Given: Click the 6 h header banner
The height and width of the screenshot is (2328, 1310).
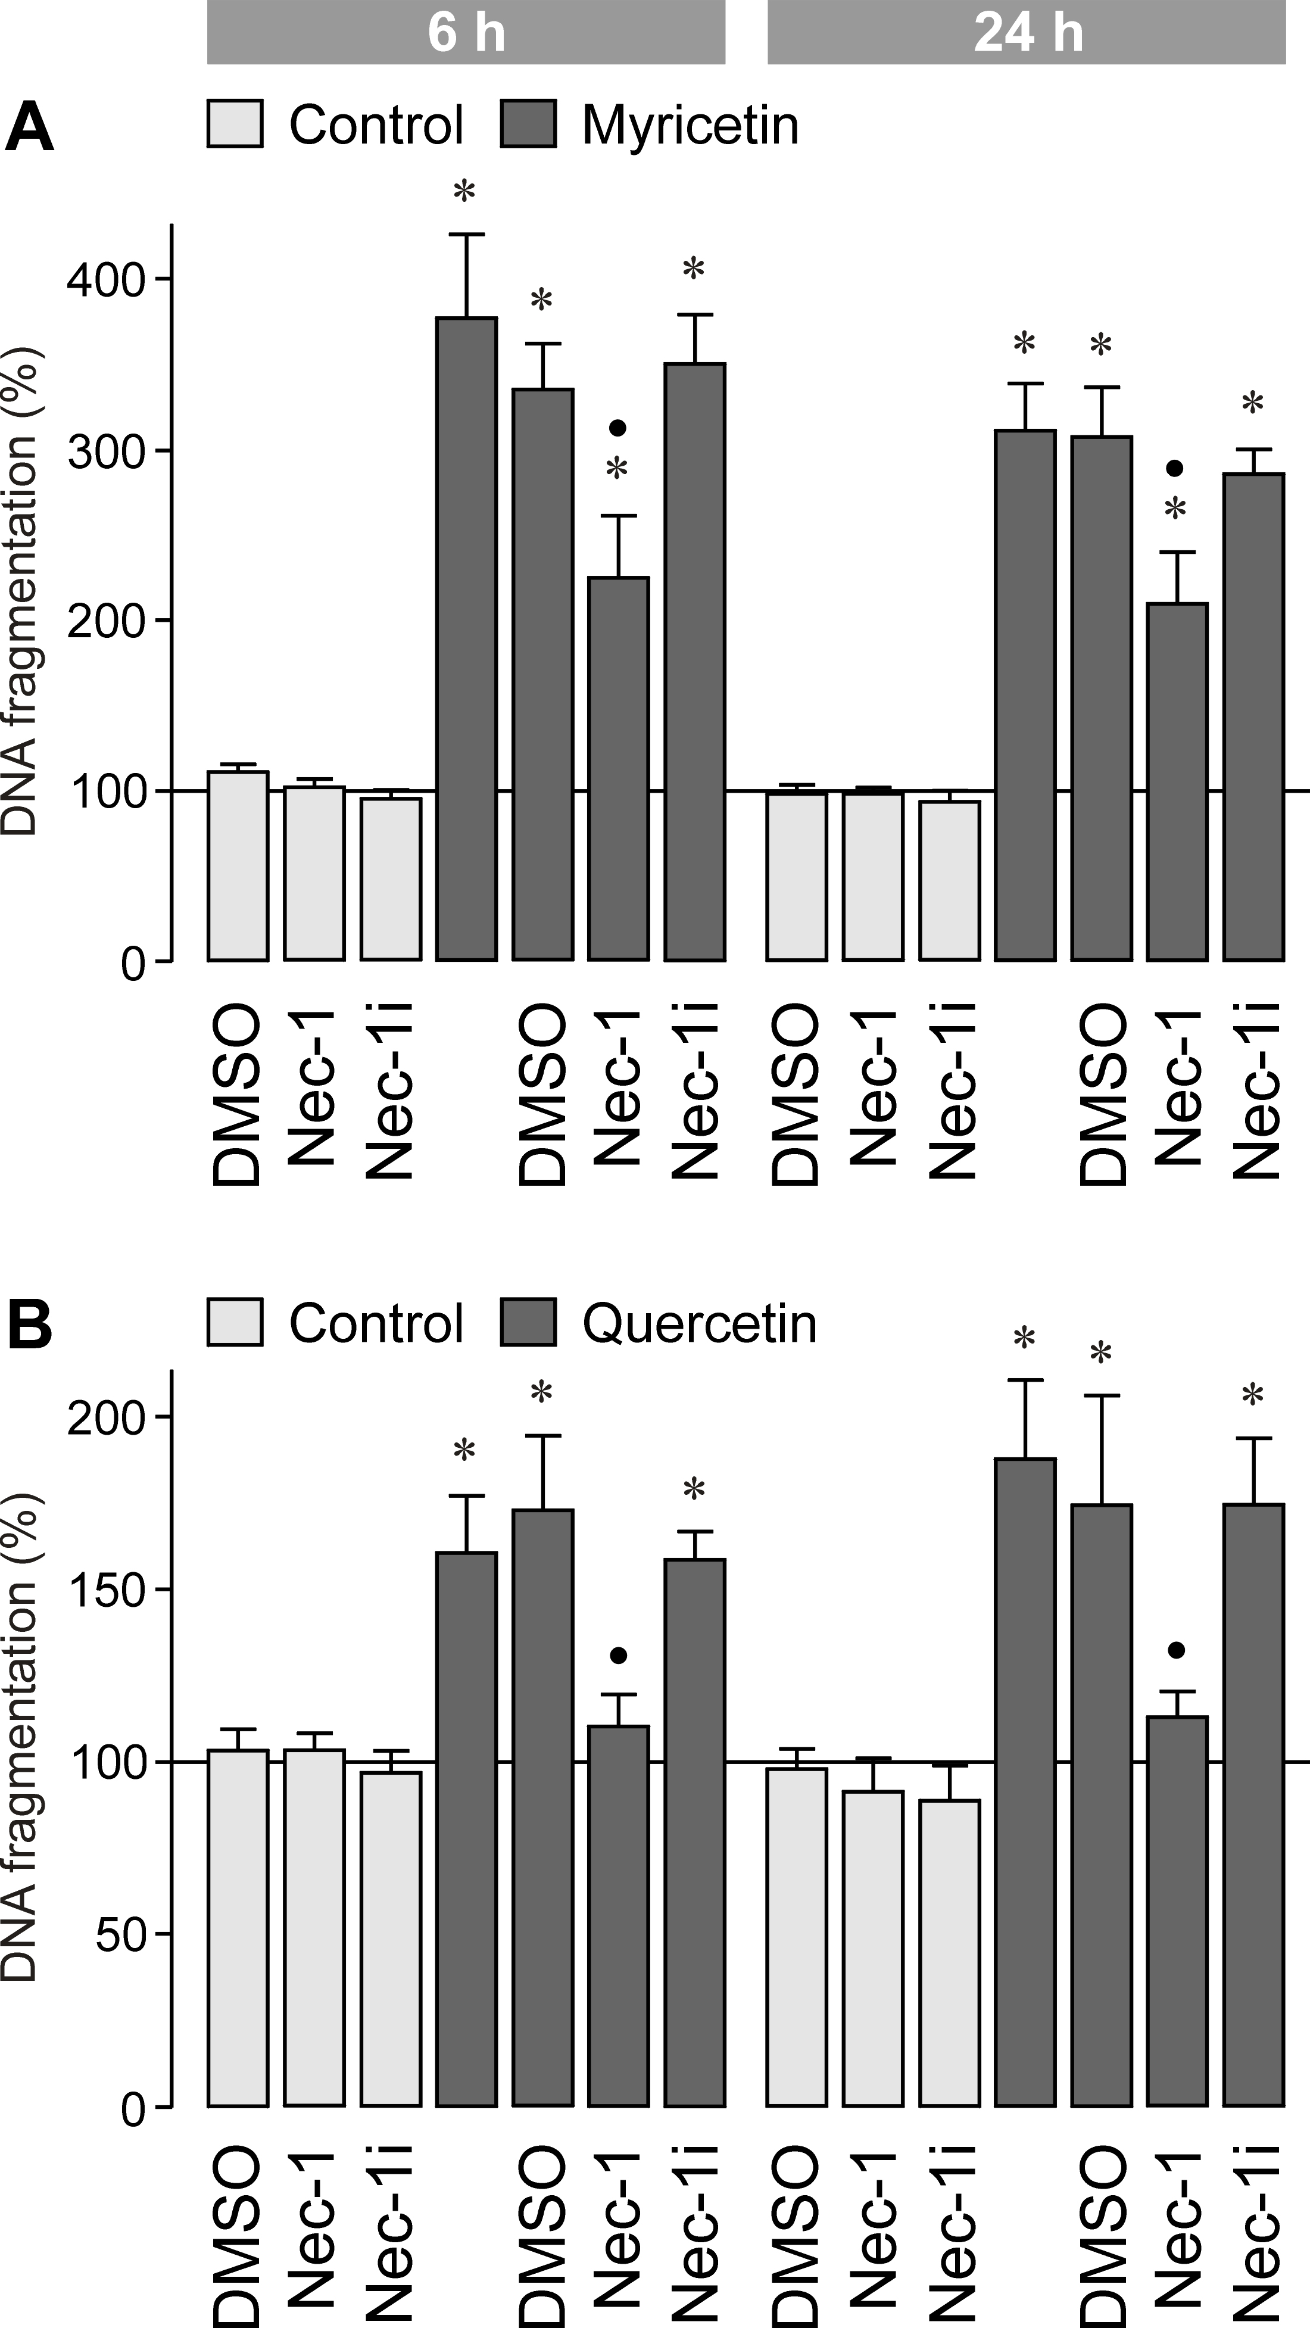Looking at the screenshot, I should click(x=466, y=33).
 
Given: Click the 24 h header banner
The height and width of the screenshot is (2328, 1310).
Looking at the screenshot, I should click(x=1027, y=33).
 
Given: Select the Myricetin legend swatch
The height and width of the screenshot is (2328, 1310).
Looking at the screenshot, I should click(x=529, y=124).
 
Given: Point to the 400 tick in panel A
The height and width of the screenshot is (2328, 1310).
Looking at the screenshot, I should click(x=107, y=280).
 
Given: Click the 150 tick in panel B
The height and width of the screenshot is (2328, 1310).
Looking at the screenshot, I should click(x=107, y=1591).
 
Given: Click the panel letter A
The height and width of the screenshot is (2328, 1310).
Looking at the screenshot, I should click(x=29, y=128).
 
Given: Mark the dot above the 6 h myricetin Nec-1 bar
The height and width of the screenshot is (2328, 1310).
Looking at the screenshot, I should click(x=618, y=428).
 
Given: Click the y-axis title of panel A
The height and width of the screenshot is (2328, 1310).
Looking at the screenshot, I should click(x=20, y=592).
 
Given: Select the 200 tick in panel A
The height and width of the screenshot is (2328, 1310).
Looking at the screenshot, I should click(x=107, y=622).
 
